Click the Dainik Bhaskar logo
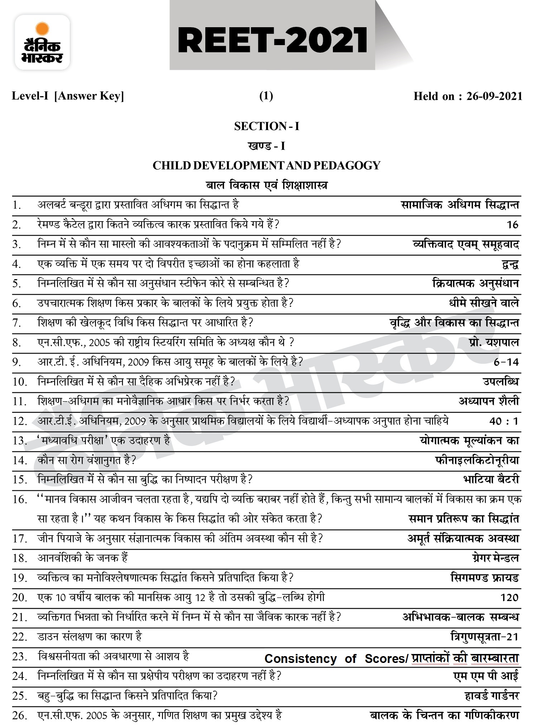[x=42, y=42]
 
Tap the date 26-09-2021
[x=494, y=96]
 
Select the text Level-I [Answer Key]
[x=68, y=96]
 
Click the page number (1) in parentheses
[x=266, y=96]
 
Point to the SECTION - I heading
[x=267, y=126]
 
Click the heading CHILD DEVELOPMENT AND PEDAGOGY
[x=267, y=165]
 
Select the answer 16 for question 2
[x=512, y=225]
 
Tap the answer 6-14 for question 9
[x=506, y=362]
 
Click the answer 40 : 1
[x=504, y=421]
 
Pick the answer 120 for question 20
[x=510, y=597]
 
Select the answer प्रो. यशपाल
[x=493, y=343]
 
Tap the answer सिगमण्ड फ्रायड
[x=484, y=578]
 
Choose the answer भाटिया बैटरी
[x=491, y=479]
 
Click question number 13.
[x=20, y=441]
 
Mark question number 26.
[x=20, y=716]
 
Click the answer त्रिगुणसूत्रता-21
[x=484, y=637]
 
